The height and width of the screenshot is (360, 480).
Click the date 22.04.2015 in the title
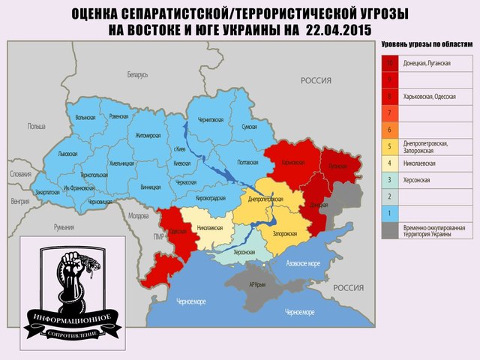pyautogui.click(x=338, y=30)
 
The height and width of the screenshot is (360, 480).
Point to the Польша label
pyautogui.click(x=37, y=126)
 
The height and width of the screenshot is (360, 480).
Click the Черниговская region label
pyautogui.click(x=211, y=120)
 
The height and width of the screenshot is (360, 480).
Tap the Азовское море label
pyautogui.click(x=304, y=263)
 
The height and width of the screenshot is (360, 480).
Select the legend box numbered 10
pyautogui.click(x=390, y=63)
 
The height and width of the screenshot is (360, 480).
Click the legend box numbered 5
pyautogui.click(x=390, y=145)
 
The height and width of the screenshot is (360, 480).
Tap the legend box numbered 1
pyautogui.click(x=390, y=213)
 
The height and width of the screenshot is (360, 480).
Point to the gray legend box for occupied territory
pyautogui.click(x=390, y=231)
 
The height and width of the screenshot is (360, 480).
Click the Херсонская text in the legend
pyautogui.click(x=418, y=180)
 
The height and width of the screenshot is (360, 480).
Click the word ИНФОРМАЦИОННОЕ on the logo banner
pyautogui.click(x=70, y=318)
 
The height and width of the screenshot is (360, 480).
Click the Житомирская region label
pyautogui.click(x=147, y=135)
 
